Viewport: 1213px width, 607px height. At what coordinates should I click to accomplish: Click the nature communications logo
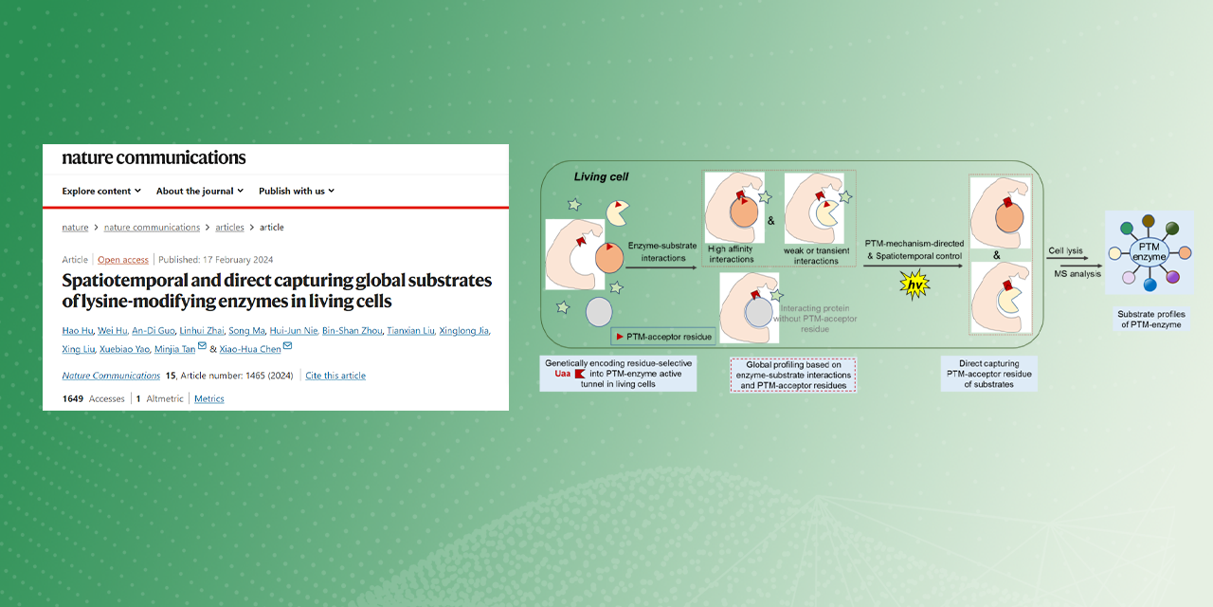tap(154, 157)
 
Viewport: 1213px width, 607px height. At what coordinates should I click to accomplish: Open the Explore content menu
tap(101, 191)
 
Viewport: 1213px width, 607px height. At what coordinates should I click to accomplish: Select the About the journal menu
tap(200, 191)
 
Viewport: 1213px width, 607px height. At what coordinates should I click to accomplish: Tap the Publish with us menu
tap(297, 191)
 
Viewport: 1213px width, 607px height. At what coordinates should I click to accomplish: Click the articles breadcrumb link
tap(229, 227)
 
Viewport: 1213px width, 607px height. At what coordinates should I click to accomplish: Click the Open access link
tap(123, 260)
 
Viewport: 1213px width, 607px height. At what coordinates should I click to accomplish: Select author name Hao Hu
tap(78, 331)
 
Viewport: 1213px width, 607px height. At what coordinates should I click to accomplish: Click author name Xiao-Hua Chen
tap(250, 349)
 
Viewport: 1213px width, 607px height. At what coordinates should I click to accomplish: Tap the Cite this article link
tap(335, 376)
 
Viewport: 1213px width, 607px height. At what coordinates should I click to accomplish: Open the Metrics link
tap(209, 399)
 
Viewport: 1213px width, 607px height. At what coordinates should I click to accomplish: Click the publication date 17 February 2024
tap(238, 260)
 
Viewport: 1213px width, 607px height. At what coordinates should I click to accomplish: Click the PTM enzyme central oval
tap(1149, 252)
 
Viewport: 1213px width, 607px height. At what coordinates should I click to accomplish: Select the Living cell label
tap(601, 176)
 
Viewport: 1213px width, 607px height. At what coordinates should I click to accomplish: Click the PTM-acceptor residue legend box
tap(663, 337)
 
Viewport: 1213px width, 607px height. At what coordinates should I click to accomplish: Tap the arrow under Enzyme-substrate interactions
tap(661, 267)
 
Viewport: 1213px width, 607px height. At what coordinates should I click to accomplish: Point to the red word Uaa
tap(563, 374)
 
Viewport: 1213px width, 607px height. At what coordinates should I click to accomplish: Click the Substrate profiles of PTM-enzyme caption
tap(1151, 320)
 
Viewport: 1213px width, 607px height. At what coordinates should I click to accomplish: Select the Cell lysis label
tap(1065, 250)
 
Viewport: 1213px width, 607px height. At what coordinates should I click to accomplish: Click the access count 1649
tap(73, 399)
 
